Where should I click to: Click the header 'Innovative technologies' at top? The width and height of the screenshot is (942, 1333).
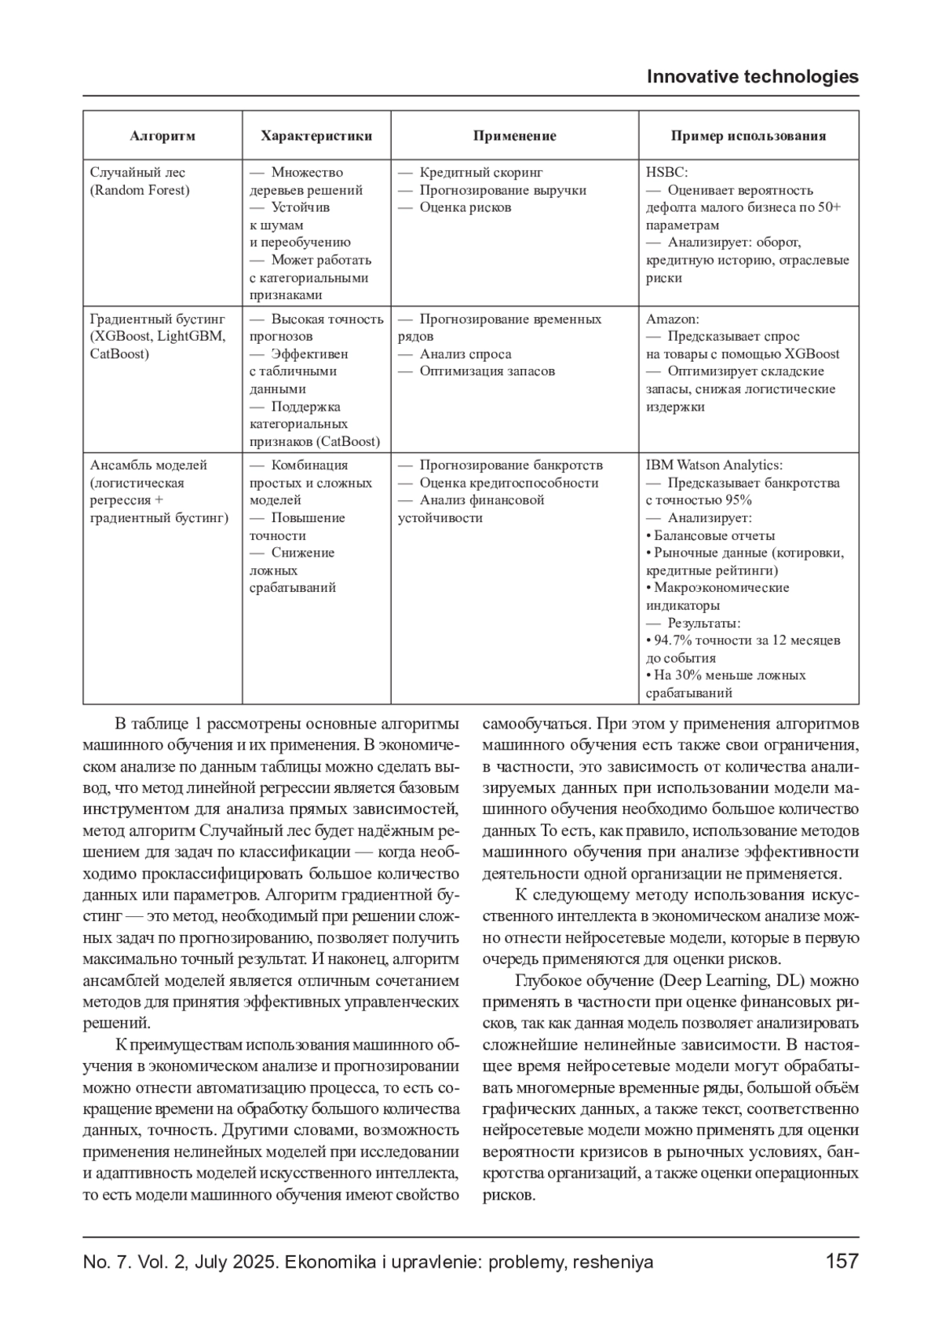click(752, 77)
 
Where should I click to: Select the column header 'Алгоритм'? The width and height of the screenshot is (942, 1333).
click(162, 136)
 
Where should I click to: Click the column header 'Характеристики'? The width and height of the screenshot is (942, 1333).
click(316, 136)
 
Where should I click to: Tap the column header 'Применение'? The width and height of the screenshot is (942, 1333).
click(514, 136)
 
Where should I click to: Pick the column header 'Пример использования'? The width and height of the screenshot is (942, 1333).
click(748, 136)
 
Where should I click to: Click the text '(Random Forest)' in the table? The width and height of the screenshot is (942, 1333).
click(140, 190)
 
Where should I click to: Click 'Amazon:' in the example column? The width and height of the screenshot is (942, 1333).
click(672, 320)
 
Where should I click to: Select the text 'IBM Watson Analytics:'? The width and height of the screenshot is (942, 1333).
click(714, 466)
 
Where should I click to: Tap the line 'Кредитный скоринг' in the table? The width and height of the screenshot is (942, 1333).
click(480, 173)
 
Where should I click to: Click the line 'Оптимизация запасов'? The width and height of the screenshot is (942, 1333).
click(487, 371)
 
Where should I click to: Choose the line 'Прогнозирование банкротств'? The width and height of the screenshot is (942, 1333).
click(510, 466)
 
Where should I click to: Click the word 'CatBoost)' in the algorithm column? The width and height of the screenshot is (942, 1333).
click(119, 354)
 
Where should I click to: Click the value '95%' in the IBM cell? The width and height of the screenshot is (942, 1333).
click(738, 500)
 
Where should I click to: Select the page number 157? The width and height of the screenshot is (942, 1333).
click(842, 1262)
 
